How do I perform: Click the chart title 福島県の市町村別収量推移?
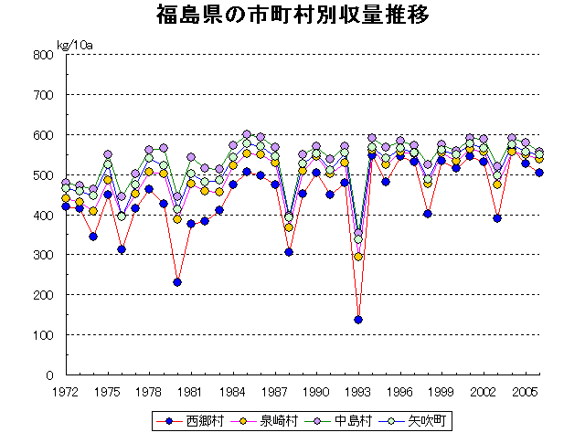[x=292, y=16]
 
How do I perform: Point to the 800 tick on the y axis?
[x=44, y=55]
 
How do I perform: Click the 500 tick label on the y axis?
[x=44, y=175]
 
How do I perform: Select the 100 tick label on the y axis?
[x=44, y=335]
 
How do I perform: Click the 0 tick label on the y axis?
[x=50, y=375]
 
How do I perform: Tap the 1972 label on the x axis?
[x=65, y=391]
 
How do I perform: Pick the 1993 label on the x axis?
[x=358, y=391]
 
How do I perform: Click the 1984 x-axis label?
[x=232, y=391]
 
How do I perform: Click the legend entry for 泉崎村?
[x=264, y=421]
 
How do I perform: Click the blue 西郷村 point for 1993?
[x=358, y=320]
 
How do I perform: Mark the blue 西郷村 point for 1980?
[x=176, y=282]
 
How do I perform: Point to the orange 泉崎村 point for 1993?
[x=358, y=257]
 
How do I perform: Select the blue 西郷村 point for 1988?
[x=289, y=252]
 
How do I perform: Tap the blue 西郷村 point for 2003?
[x=497, y=218]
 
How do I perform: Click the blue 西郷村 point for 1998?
[x=428, y=214]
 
